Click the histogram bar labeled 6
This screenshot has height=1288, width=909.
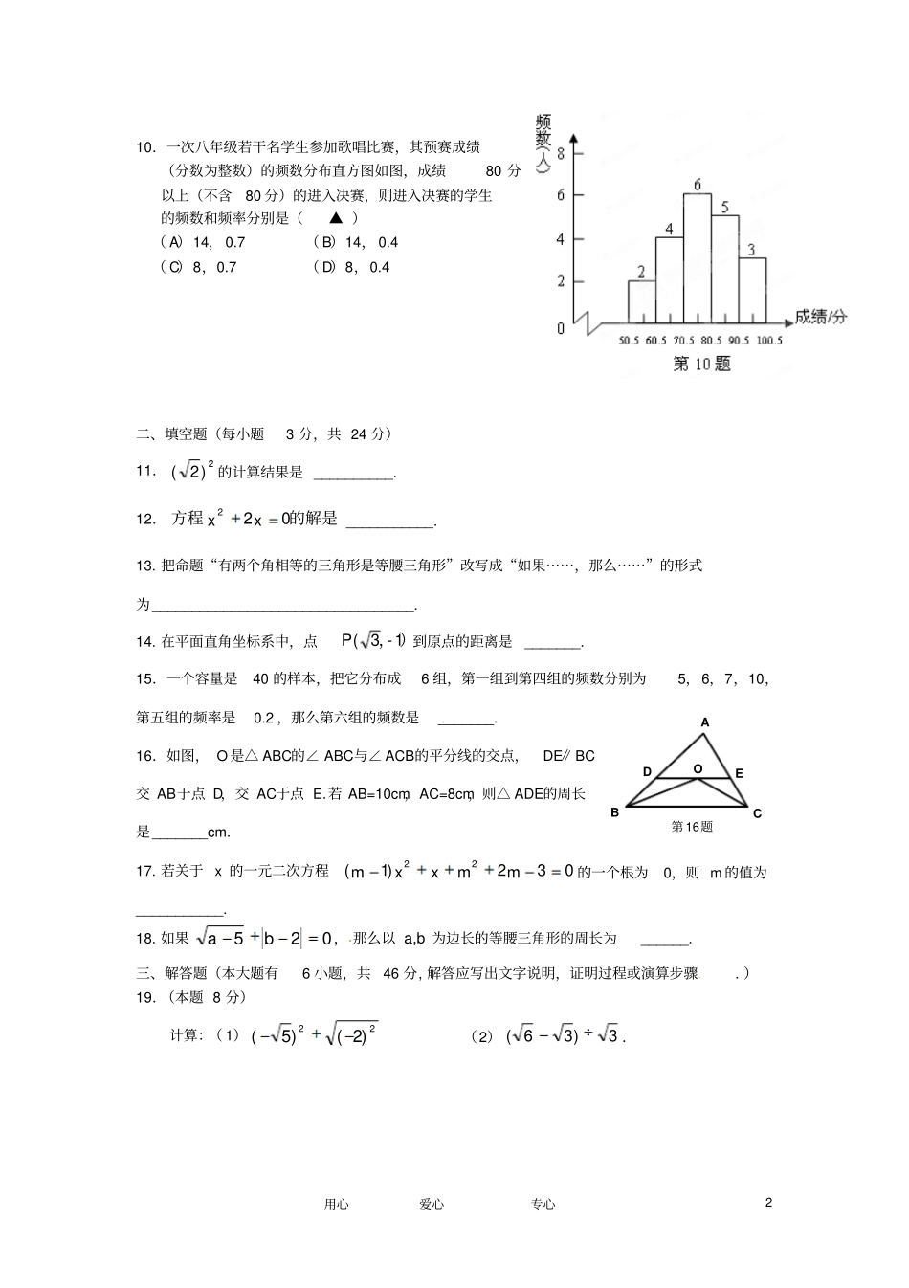click(697, 258)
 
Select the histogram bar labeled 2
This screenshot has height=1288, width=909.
click(641, 301)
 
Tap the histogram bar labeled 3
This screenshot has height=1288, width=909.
click(752, 290)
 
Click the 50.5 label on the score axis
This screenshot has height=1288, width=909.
click(629, 341)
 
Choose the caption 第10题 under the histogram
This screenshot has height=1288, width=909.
click(701, 365)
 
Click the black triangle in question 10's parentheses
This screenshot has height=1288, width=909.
click(335, 218)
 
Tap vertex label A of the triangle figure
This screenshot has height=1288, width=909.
click(705, 723)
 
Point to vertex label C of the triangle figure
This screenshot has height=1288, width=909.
click(757, 813)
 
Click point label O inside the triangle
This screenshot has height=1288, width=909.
click(698, 768)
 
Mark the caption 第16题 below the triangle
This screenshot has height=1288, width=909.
click(692, 827)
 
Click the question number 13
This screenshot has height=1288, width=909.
click(145, 566)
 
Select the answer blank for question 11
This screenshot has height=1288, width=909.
click(353, 473)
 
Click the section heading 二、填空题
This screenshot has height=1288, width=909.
click(171, 434)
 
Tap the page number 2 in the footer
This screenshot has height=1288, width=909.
click(768, 1203)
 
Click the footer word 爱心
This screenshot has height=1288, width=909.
click(432, 1204)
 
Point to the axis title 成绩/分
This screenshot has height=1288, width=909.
click(820, 317)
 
